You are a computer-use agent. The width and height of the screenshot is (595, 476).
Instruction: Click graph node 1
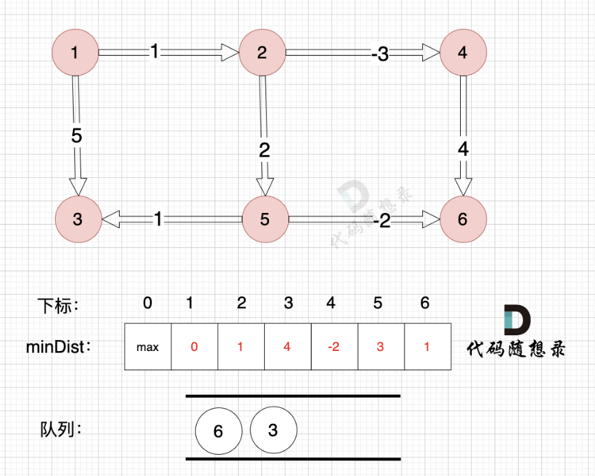(75, 52)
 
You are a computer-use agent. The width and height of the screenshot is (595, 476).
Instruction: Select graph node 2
(261, 52)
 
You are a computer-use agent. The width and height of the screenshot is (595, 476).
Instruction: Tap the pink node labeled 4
(462, 52)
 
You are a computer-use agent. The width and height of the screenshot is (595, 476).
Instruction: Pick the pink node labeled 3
(78, 219)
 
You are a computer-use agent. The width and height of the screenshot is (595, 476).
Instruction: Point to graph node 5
(265, 219)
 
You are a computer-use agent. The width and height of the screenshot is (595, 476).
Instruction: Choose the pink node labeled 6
(462, 219)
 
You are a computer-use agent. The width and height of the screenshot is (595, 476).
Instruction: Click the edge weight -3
(379, 54)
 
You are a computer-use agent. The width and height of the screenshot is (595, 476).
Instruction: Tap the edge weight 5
(76, 136)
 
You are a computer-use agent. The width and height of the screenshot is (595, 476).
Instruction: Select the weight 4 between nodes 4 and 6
(463, 148)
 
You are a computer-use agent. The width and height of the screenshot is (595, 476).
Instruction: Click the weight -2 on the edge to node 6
(382, 220)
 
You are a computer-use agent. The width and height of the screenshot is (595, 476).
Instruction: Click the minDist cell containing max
(147, 347)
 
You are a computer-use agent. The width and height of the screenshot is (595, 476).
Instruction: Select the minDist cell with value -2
(334, 347)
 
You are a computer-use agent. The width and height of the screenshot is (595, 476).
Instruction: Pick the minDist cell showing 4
(287, 347)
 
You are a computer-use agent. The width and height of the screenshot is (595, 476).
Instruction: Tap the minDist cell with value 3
(380, 347)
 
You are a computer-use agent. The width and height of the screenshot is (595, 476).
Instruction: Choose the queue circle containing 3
(273, 431)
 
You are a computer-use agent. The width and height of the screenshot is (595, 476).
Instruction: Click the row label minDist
(58, 347)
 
